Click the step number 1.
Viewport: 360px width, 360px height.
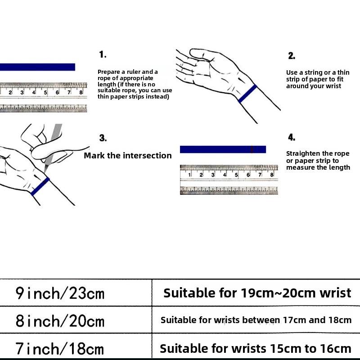103,54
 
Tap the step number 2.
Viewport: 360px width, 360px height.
292,56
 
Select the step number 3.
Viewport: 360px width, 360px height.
103,138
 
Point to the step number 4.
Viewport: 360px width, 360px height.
292,138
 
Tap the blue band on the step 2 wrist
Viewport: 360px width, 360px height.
248,94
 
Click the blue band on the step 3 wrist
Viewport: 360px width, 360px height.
40,186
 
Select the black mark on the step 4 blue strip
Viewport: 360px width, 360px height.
252,149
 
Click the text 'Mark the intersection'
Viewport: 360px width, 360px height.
128,156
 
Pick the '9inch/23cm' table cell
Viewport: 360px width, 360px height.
60,293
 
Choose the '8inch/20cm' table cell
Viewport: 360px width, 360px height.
60,321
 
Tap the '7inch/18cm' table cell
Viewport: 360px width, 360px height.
60,348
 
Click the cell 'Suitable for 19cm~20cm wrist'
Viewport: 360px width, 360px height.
257,293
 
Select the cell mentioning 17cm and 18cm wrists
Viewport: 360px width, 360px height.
256,320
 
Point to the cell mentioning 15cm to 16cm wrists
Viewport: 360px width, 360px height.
256,348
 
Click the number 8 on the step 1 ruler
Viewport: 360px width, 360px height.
81,92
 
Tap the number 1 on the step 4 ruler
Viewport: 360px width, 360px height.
189,175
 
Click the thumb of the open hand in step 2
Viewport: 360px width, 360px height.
200,54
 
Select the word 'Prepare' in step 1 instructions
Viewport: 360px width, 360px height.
108,72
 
